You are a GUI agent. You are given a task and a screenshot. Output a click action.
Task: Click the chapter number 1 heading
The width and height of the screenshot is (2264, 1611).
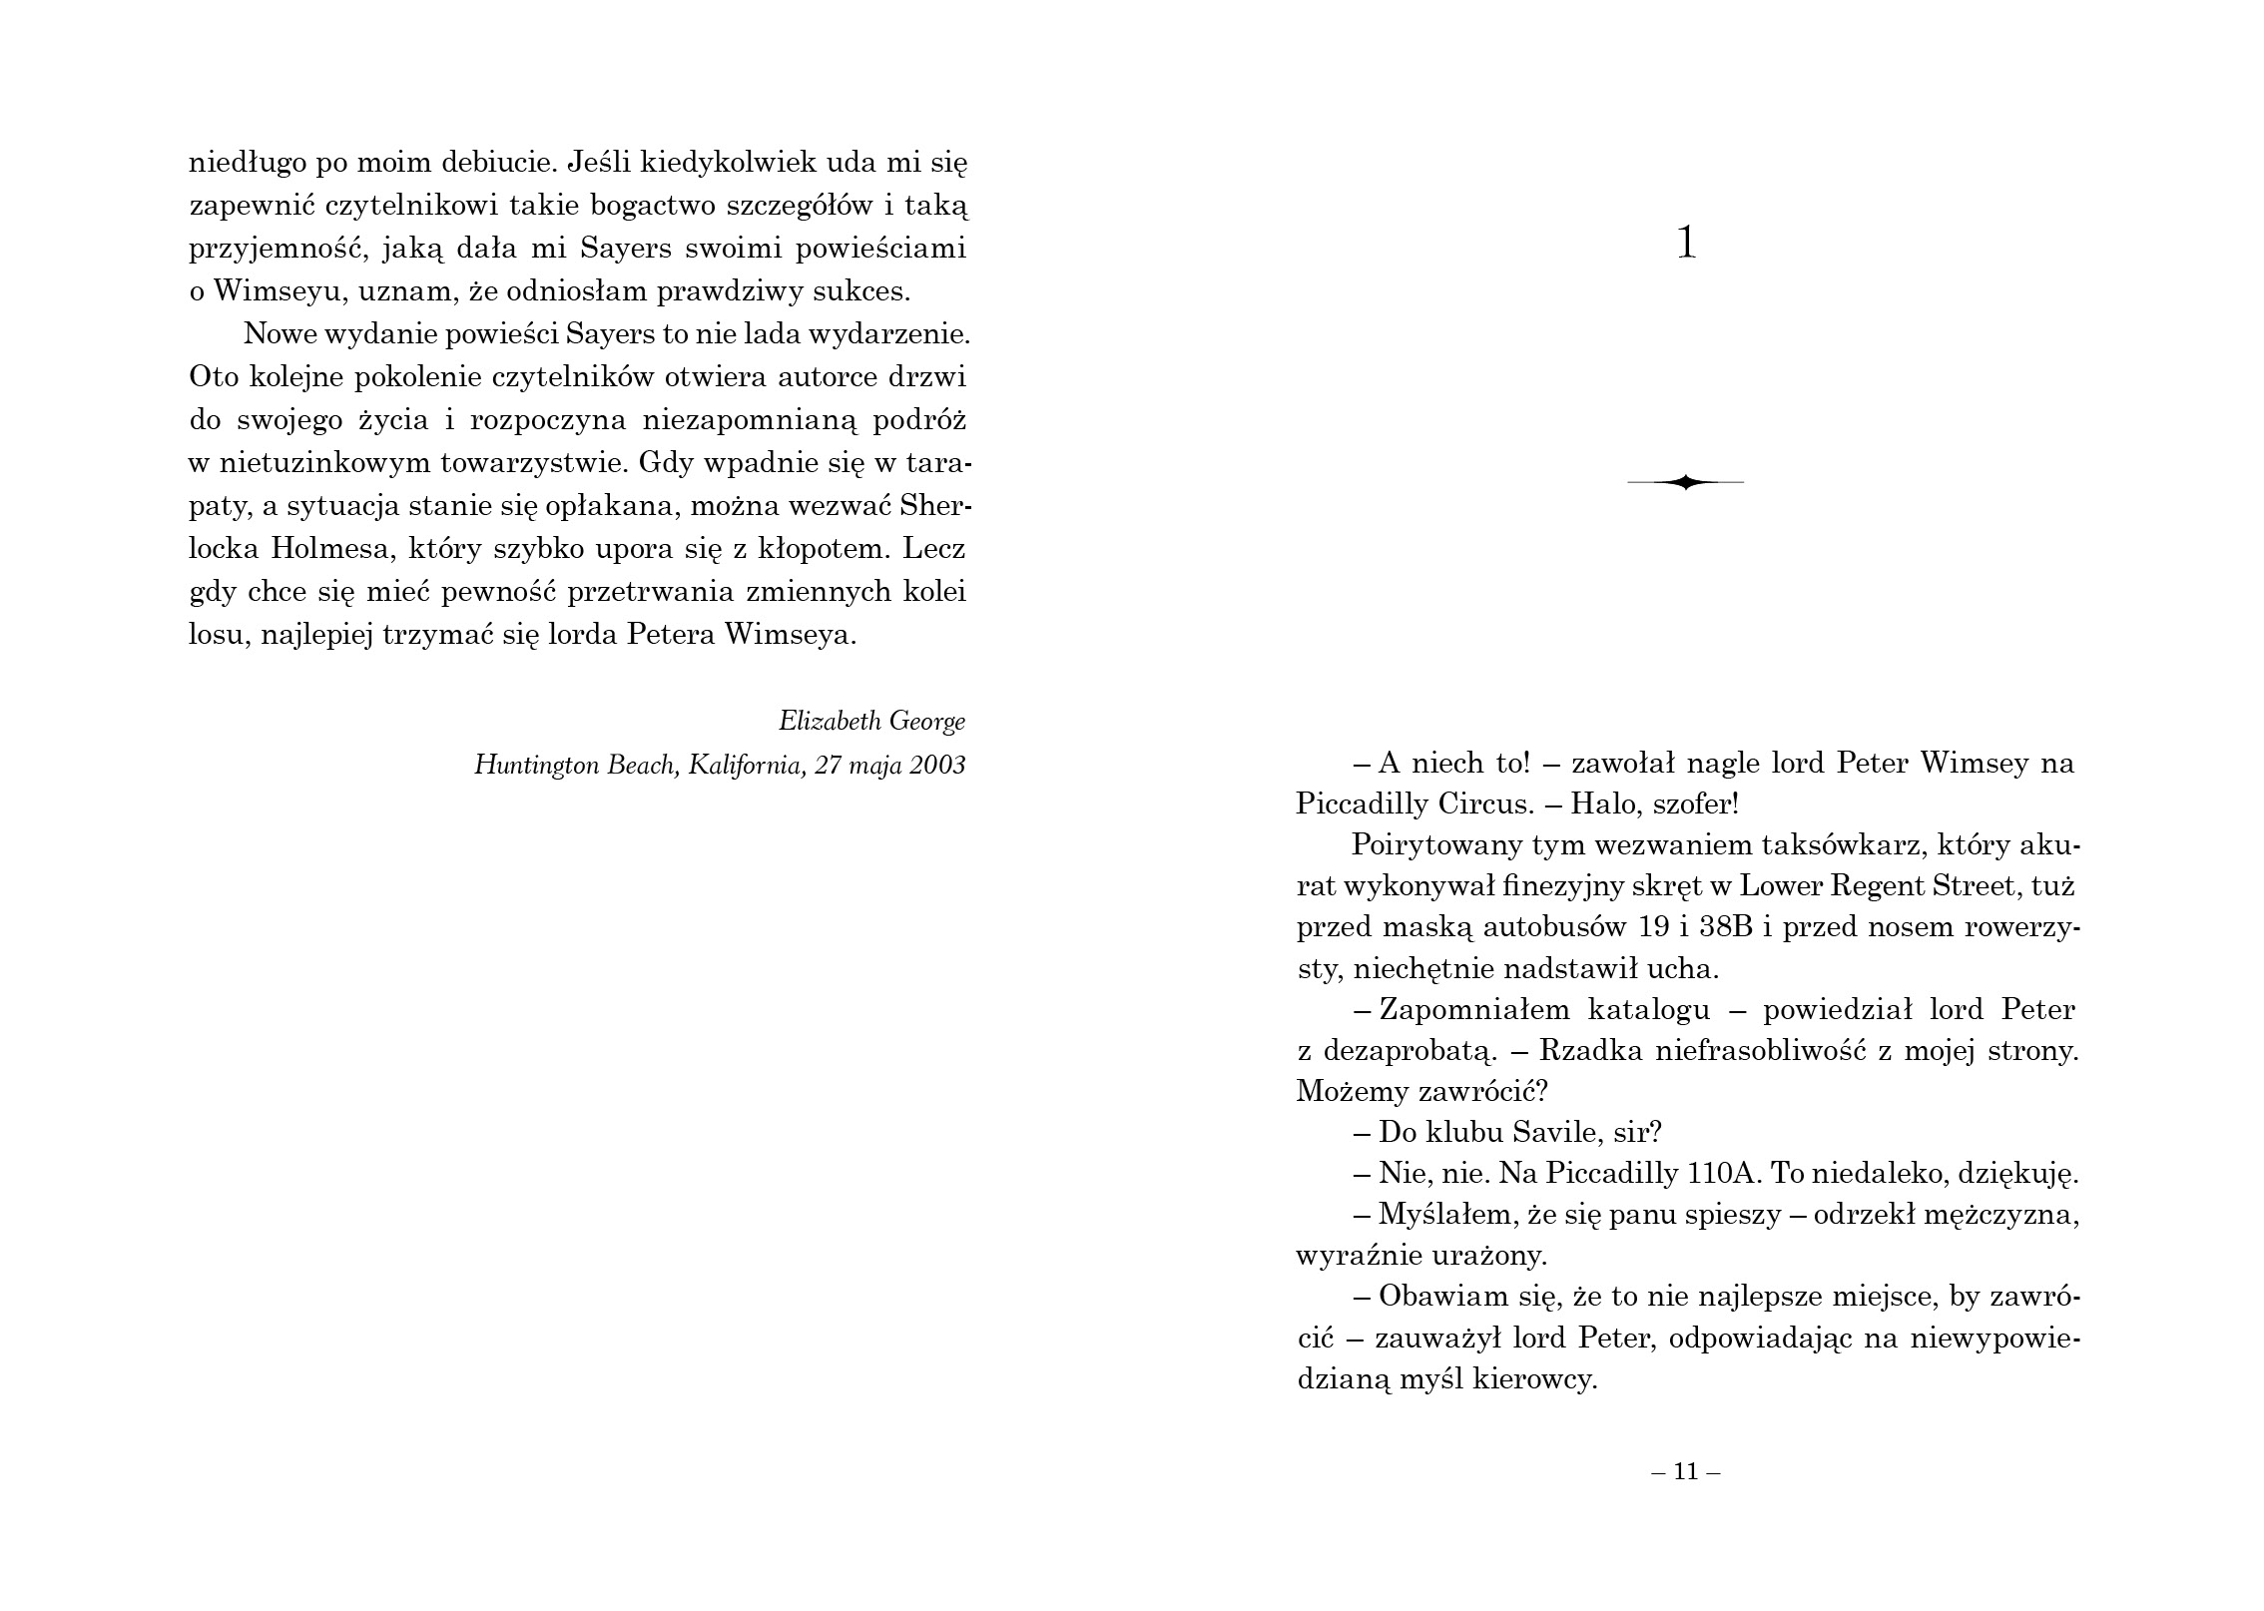point(1686,244)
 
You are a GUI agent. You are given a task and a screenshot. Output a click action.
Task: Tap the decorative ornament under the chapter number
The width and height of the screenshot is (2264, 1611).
point(1685,483)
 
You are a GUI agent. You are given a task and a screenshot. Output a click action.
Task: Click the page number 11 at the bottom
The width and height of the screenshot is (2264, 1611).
point(1686,1471)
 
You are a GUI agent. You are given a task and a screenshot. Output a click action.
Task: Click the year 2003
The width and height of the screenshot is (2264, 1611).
point(937,766)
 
